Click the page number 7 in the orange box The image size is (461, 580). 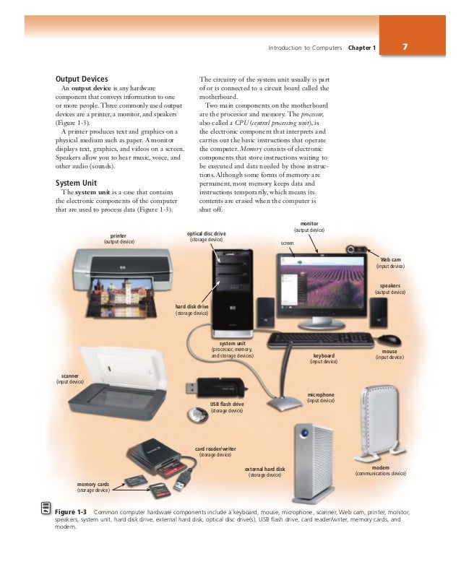tap(406, 48)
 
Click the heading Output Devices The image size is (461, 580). tap(82, 79)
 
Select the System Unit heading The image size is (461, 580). tap(77, 182)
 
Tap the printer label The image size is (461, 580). tap(118, 236)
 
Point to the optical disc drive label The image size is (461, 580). tap(207, 234)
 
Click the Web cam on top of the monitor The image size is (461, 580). tap(357, 250)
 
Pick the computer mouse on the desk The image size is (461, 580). tap(390, 339)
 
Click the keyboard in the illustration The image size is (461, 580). tap(321, 339)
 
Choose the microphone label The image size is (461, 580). tap(321, 395)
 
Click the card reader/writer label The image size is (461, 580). tap(215, 449)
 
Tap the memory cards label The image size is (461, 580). tap(93, 484)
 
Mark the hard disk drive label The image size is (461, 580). tap(192, 307)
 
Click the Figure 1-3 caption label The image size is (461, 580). tap(70, 512)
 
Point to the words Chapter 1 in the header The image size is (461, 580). tap(363, 48)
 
